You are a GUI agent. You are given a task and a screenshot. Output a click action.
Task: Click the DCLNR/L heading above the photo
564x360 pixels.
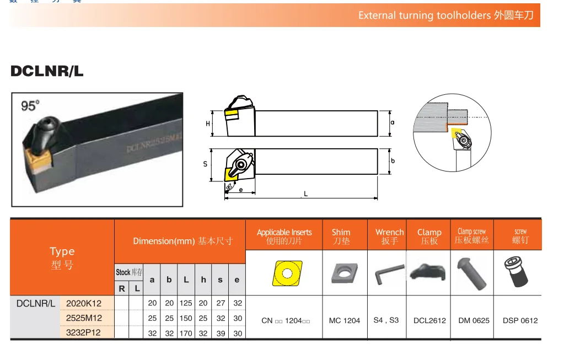pyautogui.click(x=47, y=71)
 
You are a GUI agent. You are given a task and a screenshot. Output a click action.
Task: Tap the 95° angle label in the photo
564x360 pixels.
pyautogui.click(x=31, y=105)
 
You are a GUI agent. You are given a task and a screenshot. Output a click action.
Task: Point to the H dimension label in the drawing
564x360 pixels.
pyautogui.click(x=208, y=123)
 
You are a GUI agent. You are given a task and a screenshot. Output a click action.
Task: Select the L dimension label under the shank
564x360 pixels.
pyautogui.click(x=306, y=194)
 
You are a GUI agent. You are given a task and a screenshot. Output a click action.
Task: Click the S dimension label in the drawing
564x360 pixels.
pyautogui.click(x=205, y=164)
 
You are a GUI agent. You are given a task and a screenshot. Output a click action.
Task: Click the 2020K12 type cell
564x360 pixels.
pyautogui.click(x=84, y=303)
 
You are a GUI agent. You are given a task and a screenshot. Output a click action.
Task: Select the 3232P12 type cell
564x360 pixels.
pyautogui.click(x=84, y=332)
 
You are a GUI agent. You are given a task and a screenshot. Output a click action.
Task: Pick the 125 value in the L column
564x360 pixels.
pyautogui.click(x=186, y=303)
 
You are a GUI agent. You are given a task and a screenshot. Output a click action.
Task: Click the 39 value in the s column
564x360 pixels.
pyautogui.click(x=221, y=332)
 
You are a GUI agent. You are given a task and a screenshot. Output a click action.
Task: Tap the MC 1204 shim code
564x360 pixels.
pyautogui.click(x=344, y=320)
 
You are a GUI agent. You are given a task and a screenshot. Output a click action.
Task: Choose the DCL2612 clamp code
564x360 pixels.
pyautogui.click(x=429, y=320)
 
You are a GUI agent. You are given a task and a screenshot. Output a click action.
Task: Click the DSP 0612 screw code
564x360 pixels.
pyautogui.click(x=520, y=320)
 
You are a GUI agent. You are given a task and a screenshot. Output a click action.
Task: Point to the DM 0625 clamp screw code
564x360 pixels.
pyautogui.click(x=474, y=320)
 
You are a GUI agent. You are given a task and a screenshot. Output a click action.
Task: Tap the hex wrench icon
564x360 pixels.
pyautogui.click(x=388, y=273)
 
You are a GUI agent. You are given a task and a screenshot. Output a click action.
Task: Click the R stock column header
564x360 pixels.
pyautogui.click(x=122, y=288)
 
